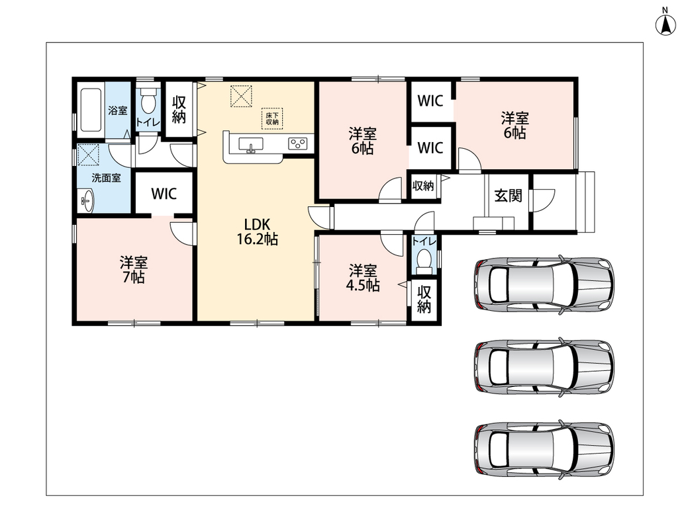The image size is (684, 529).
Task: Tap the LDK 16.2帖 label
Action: point(258,232)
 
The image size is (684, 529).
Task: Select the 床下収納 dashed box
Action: point(272,118)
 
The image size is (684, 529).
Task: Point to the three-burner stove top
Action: point(297,143)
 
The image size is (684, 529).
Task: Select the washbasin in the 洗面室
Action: point(86,200)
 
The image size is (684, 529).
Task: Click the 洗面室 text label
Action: point(106,178)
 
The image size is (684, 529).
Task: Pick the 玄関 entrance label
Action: point(509,195)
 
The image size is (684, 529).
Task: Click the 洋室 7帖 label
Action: point(134,270)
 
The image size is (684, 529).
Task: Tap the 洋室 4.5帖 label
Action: point(362,278)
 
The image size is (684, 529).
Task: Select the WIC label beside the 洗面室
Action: point(164,194)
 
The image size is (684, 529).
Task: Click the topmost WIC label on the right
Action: point(430,101)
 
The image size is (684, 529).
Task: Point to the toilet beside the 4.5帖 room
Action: point(424,261)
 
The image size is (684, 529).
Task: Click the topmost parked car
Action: point(544,284)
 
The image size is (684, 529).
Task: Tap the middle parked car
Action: point(544,367)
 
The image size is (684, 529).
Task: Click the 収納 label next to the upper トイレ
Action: point(179,109)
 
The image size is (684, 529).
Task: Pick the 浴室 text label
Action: point(117,110)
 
